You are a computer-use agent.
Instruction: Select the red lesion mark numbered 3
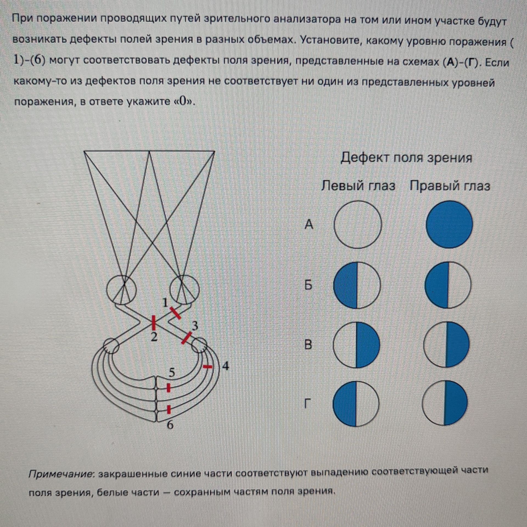point(187,338)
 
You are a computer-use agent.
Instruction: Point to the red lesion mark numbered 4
point(208,367)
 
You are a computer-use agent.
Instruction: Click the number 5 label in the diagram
point(172,372)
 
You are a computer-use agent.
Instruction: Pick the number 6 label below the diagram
point(170,425)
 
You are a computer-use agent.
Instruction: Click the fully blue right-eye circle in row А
point(449,225)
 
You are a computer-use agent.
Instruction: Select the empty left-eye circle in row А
point(358,225)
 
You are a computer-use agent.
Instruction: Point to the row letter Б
point(308,285)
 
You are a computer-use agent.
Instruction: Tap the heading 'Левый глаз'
point(358,186)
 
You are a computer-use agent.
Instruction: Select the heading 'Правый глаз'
point(450,186)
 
